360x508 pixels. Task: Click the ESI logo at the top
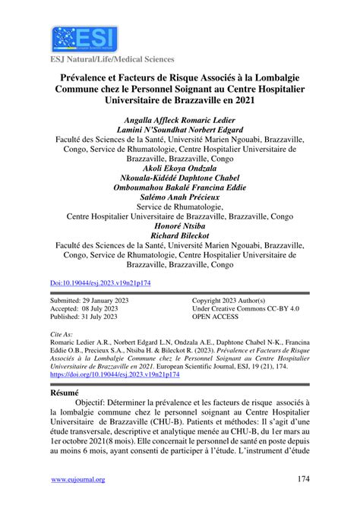[x=74, y=37]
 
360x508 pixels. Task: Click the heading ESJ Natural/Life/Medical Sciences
[x=112, y=59]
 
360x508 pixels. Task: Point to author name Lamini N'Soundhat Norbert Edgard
[x=180, y=130]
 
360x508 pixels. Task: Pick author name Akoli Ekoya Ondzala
[x=180, y=169]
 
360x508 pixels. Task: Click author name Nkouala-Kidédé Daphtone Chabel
[x=180, y=178]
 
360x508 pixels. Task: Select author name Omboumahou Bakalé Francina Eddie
[x=180, y=188]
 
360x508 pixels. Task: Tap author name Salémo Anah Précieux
[x=180, y=197]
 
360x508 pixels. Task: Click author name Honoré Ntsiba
[x=180, y=226]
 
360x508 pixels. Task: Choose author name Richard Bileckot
[x=180, y=236]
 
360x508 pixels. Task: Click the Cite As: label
[x=62, y=334]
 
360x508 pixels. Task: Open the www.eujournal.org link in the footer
[x=78, y=480]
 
